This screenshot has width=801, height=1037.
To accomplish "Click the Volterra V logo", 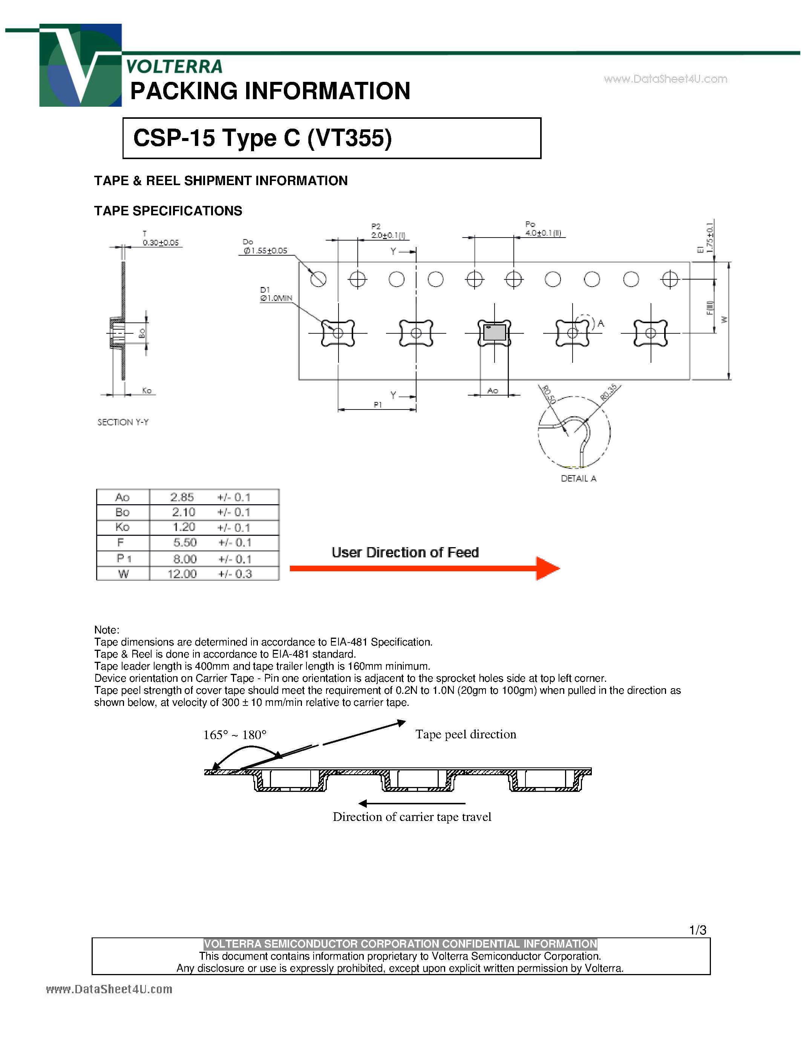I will point(80,66).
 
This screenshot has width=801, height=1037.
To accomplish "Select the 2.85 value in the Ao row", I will point(182,497).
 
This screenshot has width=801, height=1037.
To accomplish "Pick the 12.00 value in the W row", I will point(182,574).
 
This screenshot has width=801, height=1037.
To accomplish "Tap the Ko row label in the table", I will point(122,527).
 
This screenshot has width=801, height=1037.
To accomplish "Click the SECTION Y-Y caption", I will point(123,422).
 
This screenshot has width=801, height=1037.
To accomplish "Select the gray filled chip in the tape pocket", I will point(495,332).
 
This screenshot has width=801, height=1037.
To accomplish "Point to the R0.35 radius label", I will point(608,392).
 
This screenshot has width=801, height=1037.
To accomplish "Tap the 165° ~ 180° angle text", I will point(235,735).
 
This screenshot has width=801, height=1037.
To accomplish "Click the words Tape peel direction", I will point(466,734).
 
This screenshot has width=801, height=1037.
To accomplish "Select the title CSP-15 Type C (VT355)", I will point(262,138).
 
